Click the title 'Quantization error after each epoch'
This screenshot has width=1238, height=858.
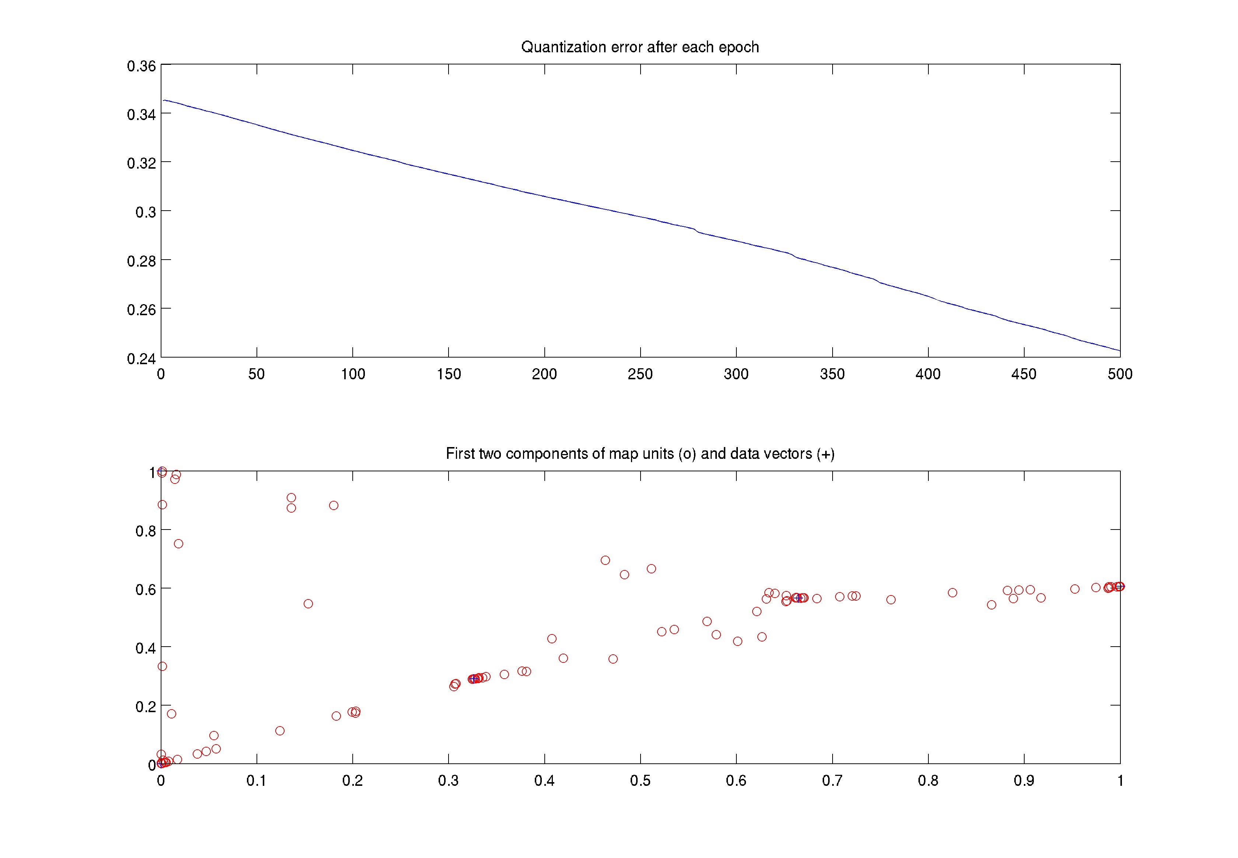[x=640, y=47]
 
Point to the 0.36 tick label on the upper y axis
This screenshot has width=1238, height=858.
[x=141, y=66]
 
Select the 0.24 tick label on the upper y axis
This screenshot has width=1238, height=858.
[x=141, y=359]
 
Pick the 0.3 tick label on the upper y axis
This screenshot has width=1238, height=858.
[x=145, y=212]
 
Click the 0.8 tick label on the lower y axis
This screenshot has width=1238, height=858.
[x=145, y=531]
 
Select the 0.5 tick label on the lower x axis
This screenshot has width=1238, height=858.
[x=640, y=781]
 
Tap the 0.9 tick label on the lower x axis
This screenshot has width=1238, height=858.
[x=1024, y=781]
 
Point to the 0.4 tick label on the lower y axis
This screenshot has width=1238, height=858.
[x=145, y=648]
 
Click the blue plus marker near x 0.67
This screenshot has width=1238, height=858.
[x=799, y=598]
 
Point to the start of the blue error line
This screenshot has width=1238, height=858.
[x=164, y=100]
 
